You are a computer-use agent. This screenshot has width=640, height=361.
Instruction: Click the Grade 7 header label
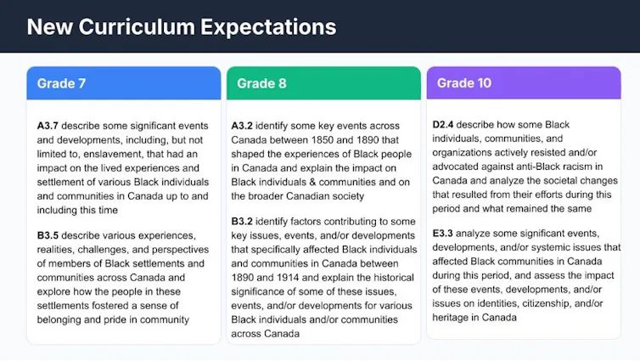(x=61, y=83)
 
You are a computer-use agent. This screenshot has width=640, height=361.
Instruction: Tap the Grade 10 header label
(x=464, y=83)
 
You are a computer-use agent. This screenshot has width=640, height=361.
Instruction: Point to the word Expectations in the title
(x=268, y=26)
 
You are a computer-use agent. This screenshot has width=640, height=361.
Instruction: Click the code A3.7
(x=48, y=125)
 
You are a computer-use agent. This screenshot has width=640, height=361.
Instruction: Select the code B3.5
(x=48, y=234)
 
